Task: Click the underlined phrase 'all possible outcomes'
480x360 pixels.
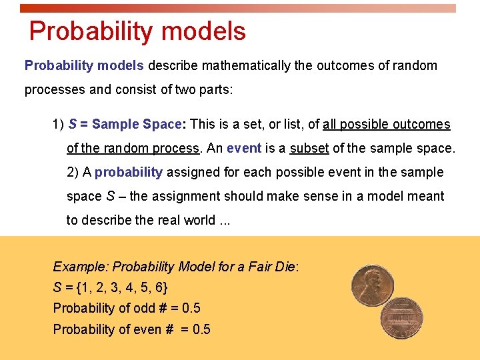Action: pos(386,124)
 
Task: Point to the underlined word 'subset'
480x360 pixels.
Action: pos(309,148)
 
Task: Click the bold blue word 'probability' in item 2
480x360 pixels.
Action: pos(129,172)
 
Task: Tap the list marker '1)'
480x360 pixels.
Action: pos(58,124)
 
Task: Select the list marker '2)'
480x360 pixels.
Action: pos(73,172)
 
